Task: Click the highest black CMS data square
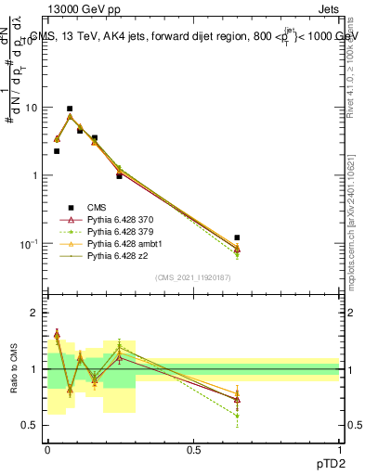coord(70,109)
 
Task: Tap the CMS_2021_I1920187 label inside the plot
coord(192,277)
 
